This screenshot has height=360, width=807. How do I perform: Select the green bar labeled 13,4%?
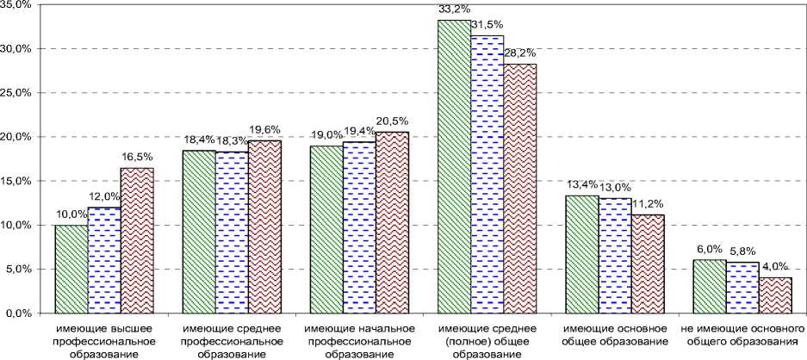coord(582,254)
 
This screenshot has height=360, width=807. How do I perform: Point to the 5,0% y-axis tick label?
coord(18,270)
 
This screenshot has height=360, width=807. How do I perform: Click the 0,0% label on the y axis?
coord(18,313)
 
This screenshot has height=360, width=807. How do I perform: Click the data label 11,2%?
coord(648,205)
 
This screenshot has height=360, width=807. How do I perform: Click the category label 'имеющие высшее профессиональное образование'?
coord(104,342)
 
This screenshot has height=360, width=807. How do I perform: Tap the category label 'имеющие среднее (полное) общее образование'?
coord(487,342)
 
